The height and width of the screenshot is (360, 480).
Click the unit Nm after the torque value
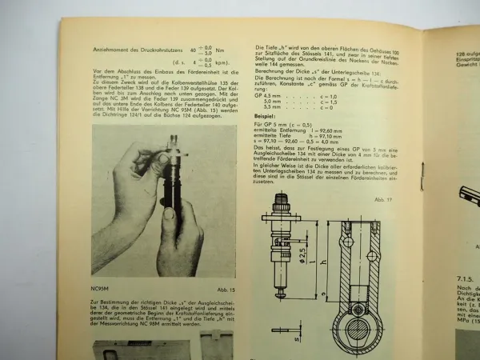pos(206,49)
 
